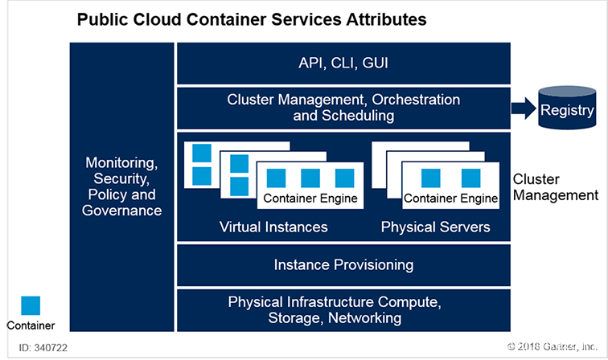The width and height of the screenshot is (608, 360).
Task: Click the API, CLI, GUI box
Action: (343, 63)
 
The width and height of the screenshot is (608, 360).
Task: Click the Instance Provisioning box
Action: (343, 264)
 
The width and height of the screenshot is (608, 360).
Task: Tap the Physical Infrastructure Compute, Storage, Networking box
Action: (343, 310)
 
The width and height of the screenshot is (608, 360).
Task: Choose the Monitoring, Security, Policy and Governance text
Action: (122, 186)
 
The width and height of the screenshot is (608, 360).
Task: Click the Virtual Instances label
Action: (273, 227)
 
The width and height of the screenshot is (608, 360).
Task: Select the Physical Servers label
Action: (435, 227)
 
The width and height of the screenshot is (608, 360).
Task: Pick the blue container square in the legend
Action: (31, 306)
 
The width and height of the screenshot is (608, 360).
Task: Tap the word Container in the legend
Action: (31, 325)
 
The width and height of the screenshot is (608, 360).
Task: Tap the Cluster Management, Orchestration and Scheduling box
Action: (343, 108)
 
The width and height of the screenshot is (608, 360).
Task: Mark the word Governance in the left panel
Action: (122, 211)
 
